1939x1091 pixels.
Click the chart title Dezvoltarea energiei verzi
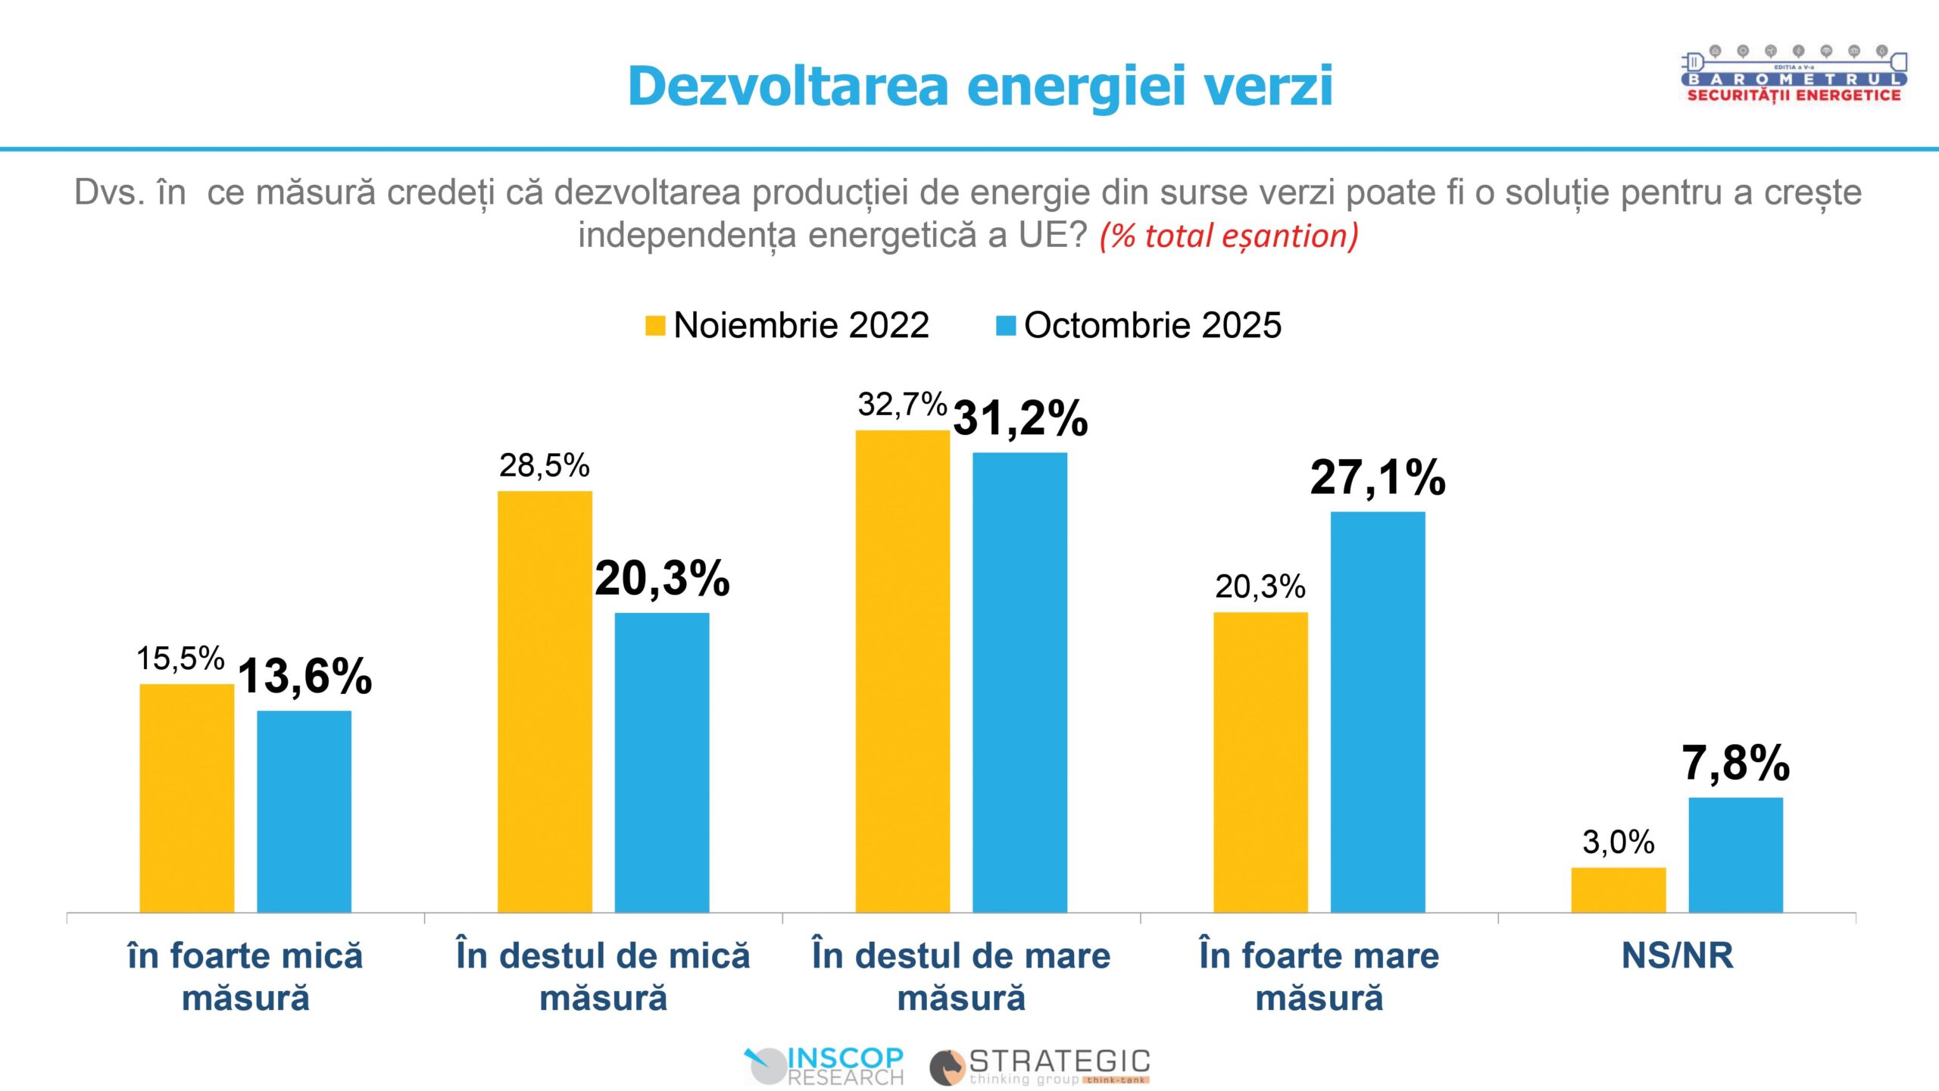pyautogui.click(x=980, y=86)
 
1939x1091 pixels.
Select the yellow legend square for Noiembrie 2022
pyautogui.click(x=654, y=325)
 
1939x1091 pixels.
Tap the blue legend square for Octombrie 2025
pyautogui.click(x=1005, y=325)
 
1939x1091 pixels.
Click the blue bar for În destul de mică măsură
pyautogui.click(x=661, y=762)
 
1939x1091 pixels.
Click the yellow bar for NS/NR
pyautogui.click(x=1618, y=889)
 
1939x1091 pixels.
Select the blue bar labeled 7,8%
pyautogui.click(x=1735, y=855)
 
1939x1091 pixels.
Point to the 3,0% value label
pyautogui.click(x=1618, y=842)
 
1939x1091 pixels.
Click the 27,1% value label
pyautogui.click(x=1377, y=478)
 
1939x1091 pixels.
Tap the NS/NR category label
pyautogui.click(x=1677, y=955)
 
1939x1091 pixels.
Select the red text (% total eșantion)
pyautogui.click(x=1229, y=236)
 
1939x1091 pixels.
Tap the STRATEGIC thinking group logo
pyautogui.click(x=1040, y=1066)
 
